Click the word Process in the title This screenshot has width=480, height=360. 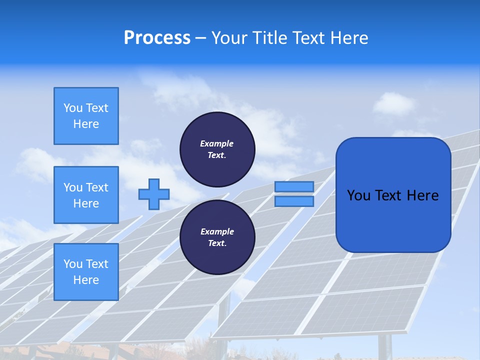pyautogui.click(x=157, y=38)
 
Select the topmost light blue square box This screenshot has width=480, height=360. pyautogui.click(x=86, y=116)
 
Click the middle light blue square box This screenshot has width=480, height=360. pyautogui.click(x=86, y=195)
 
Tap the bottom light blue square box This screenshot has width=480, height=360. pyautogui.click(x=86, y=272)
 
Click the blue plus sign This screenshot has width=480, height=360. pyautogui.click(x=154, y=194)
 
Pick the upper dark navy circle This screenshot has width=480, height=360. pyautogui.click(x=217, y=149)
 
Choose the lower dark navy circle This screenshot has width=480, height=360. pyautogui.click(x=217, y=237)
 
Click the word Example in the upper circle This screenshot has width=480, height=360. pyautogui.click(x=216, y=143)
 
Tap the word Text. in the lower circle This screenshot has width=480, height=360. pyautogui.click(x=217, y=243)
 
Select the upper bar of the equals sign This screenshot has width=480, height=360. pyautogui.click(x=294, y=186)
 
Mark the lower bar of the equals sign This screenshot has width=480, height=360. pyautogui.click(x=294, y=201)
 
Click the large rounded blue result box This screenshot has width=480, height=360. pyautogui.click(x=393, y=220)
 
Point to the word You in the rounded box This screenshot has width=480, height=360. pyautogui.click(x=358, y=195)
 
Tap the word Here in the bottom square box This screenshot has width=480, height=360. pyautogui.click(x=86, y=280)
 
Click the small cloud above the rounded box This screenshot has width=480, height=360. pyautogui.click(x=393, y=104)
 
